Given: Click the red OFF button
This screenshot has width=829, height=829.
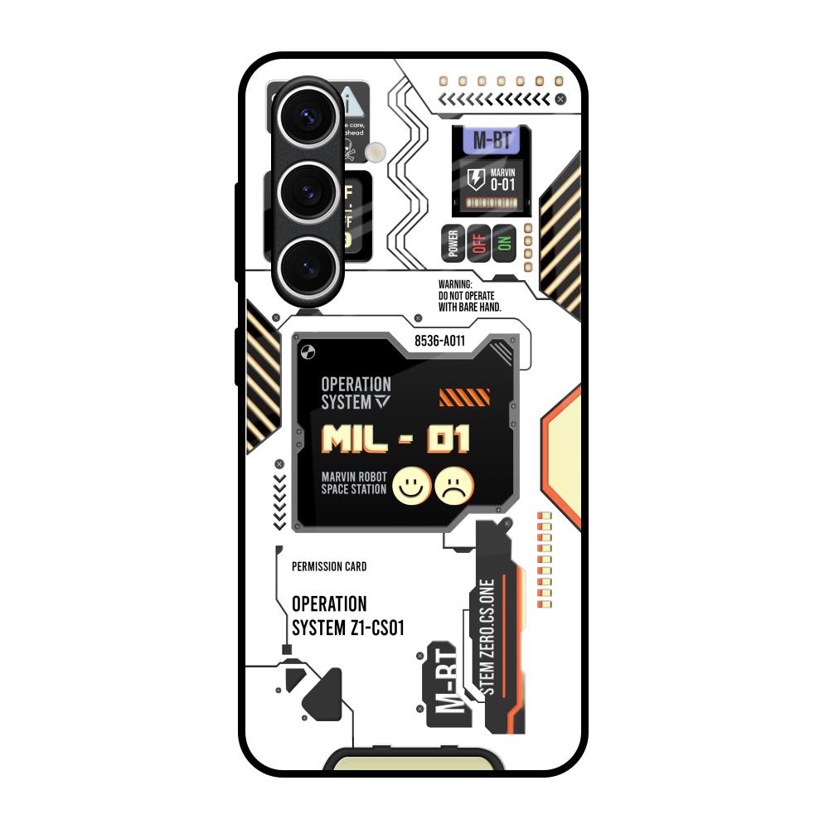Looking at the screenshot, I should coord(478,243).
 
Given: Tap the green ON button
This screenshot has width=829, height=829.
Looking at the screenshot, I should coord(504,243).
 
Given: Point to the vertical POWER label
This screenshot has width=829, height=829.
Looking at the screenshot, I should coord(453,243).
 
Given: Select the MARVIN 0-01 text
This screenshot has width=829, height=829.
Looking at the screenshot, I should coord(504,179).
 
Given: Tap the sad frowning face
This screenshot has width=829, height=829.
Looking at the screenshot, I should coord(455,487).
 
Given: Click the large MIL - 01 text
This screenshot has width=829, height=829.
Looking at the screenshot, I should coord(395,439).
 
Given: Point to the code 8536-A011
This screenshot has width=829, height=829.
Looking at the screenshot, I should coord(439,339).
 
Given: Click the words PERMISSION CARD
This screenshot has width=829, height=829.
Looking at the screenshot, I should coord(329,567).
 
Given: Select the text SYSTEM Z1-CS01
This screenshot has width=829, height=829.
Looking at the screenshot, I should coord(348,628).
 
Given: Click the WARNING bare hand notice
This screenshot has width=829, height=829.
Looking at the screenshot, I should coord(470,295).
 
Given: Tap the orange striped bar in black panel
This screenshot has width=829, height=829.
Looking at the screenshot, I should coord(458,398).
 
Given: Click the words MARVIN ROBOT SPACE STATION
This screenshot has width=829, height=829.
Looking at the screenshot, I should coord(354,483).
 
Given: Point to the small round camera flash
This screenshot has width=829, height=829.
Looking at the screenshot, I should coord(377,150).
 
